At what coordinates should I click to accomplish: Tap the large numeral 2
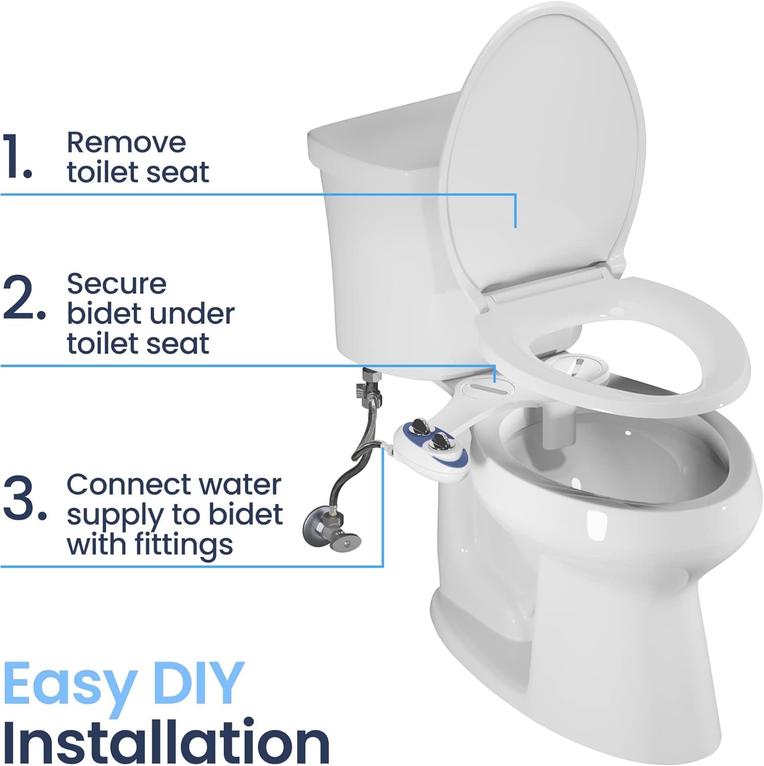coord(23,298)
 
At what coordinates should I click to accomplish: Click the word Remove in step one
coord(126,142)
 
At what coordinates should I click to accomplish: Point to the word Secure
coord(116,284)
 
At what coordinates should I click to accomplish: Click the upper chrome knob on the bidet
coord(421,425)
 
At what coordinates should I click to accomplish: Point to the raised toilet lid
coord(541,153)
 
